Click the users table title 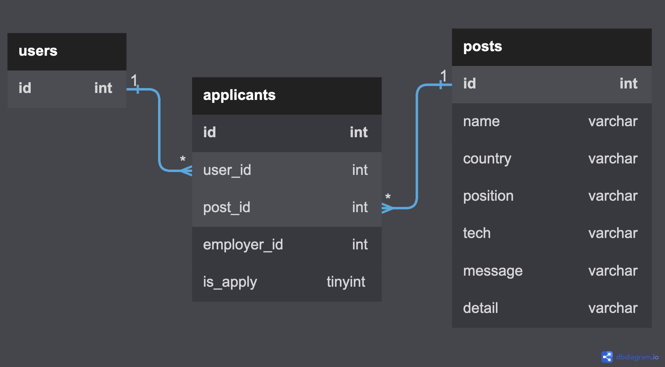coord(38,51)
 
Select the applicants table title coord(239,95)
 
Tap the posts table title coord(482,47)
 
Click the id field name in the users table coord(25,88)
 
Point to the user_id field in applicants coord(227,170)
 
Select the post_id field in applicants coord(226,208)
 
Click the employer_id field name coord(243,245)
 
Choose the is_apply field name coord(230,282)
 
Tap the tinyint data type coord(346,282)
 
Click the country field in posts coord(487,159)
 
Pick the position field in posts coord(488,196)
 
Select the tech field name coord(477,233)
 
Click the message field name coord(493,271)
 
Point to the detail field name coord(480,308)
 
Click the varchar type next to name coord(613,122)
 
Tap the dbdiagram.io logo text coord(637,357)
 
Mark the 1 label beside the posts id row coord(443,75)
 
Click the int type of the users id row coord(103,88)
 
